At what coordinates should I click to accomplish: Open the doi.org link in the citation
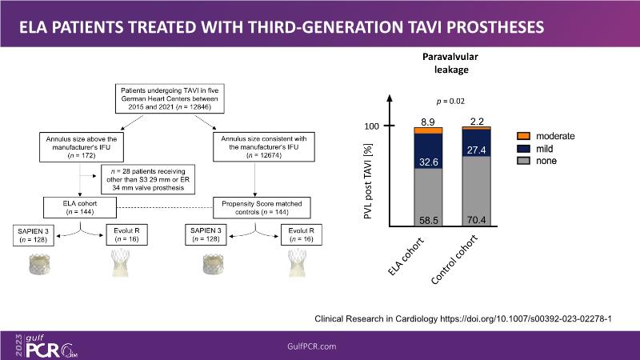[x=530, y=318]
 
